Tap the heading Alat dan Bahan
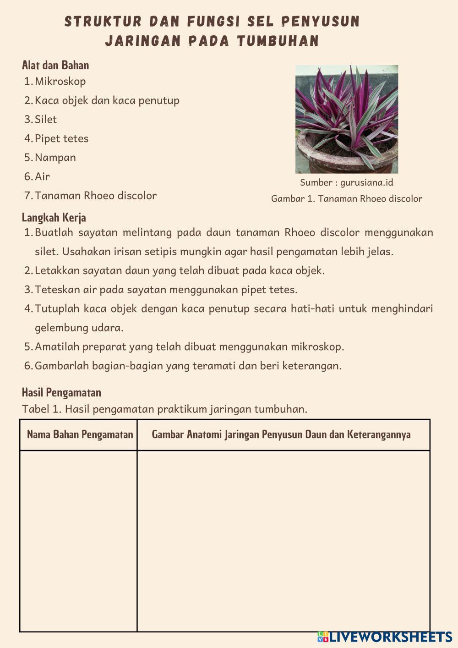pyautogui.click(x=55, y=65)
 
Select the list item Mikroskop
pyautogui.click(x=60, y=82)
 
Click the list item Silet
pyautogui.click(x=46, y=120)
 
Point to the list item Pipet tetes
pyautogui.click(x=61, y=138)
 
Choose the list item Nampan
pyautogui.click(x=55, y=158)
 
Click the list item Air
pyautogui.click(x=42, y=176)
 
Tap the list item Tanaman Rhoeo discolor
pyautogui.click(x=96, y=196)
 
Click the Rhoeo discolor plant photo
pyautogui.click(x=347, y=110)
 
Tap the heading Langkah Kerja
pyautogui.click(x=54, y=217)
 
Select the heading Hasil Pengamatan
pyautogui.click(x=61, y=392)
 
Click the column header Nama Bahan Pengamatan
pyautogui.click(x=80, y=434)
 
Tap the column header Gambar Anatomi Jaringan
pyautogui.click(x=281, y=434)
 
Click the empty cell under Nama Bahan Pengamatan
pyautogui.click(x=79, y=541)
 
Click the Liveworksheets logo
pyautogui.click(x=385, y=637)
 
